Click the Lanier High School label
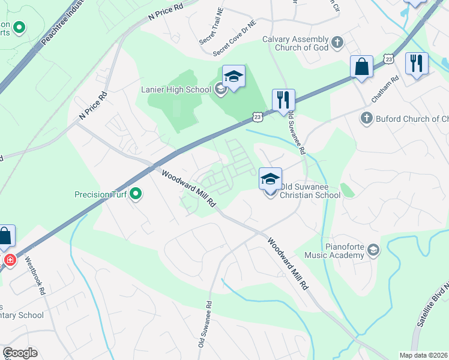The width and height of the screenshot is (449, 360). pyautogui.click(x=175, y=89)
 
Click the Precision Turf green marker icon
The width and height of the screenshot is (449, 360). pyautogui.click(x=136, y=194)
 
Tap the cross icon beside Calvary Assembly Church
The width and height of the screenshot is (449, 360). pyautogui.click(x=337, y=42)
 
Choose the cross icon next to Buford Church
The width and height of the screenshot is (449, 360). pyautogui.click(x=367, y=118)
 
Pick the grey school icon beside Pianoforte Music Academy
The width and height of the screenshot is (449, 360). pyautogui.click(x=373, y=250)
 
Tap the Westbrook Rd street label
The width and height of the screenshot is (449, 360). pyautogui.click(x=35, y=276)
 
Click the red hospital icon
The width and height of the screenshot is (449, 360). pyautogui.click(x=10, y=260)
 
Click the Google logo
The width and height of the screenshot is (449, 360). pyautogui.click(x=20, y=353)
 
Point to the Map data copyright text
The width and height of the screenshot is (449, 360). pyautogui.click(x=424, y=355)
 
